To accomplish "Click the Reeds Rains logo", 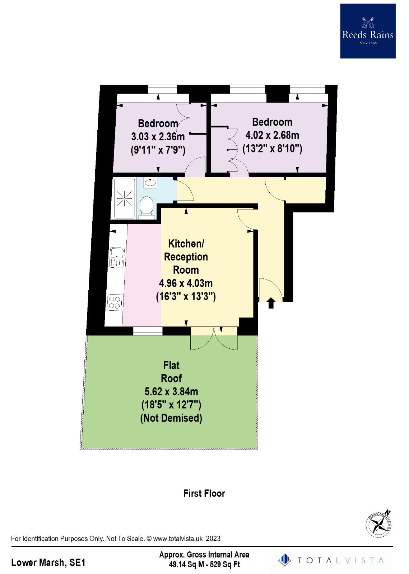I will tap(368, 31).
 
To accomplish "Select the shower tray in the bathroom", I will tap(124, 198).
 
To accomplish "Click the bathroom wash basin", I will tap(150, 183).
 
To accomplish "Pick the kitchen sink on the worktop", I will tap(117, 257).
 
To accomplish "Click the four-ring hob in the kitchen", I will tap(115, 302).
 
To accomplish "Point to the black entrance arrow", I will tap(271, 303).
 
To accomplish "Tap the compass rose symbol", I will tap(378, 525).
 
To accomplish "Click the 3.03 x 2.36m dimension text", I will tap(158, 136).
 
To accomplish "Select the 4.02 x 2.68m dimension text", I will tap(272, 135).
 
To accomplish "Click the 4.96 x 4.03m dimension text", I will tap(186, 283).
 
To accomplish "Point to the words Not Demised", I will tap(171, 418).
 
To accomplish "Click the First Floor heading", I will tap(204, 493).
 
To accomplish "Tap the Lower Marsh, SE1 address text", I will tap(48, 562).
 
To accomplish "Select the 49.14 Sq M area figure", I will tap(186, 564).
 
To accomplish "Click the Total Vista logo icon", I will tap(285, 560).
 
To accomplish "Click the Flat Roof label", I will tap(171, 372).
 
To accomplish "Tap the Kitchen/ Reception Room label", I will tap(186, 257).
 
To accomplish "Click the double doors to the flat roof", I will tap(214, 338).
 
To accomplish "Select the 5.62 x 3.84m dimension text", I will tap(171, 391).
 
